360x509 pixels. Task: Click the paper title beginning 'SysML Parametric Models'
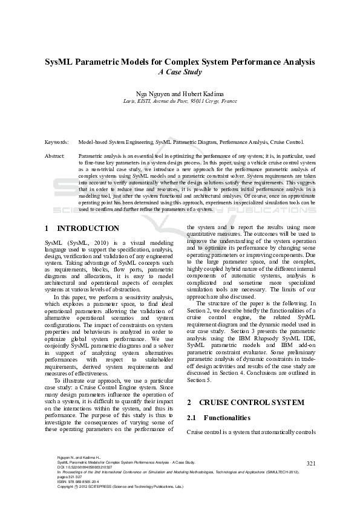click(180, 62)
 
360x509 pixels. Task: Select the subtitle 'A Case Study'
click(180, 71)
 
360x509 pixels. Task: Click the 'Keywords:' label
click(56, 141)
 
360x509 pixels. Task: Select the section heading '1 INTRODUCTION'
click(82, 229)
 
